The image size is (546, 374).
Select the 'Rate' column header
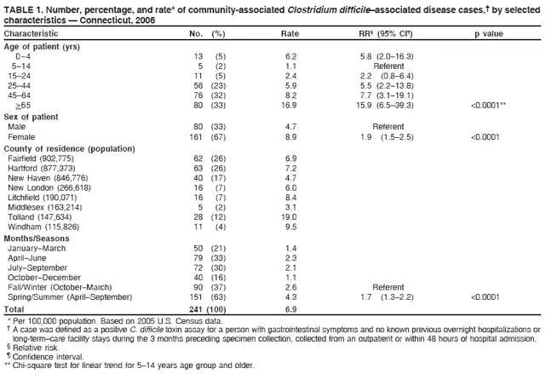(289, 33)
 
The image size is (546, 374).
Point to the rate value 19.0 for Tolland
(290, 216)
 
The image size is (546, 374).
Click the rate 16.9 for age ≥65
(290, 106)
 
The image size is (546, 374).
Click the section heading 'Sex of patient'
(31, 116)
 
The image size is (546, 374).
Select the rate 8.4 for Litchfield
(290, 196)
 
